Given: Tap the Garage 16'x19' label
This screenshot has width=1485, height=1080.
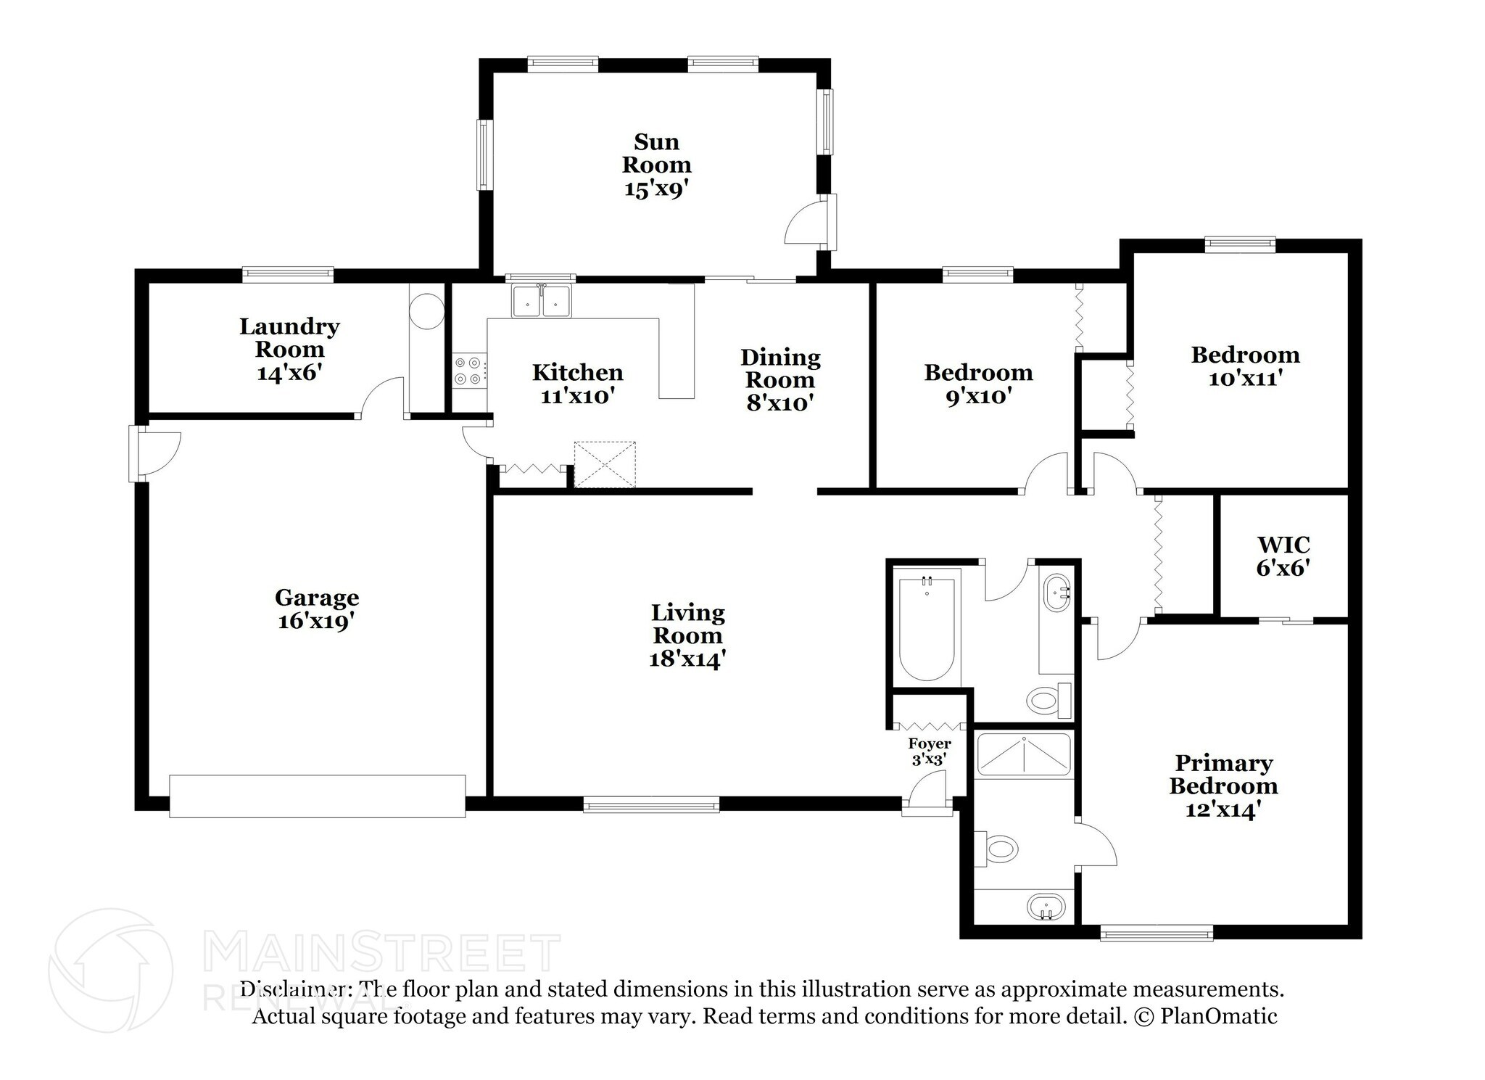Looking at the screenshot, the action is [317, 609].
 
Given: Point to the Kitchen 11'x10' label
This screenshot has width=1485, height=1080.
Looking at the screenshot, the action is [578, 384].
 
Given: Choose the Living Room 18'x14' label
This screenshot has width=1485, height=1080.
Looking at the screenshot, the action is [687, 635].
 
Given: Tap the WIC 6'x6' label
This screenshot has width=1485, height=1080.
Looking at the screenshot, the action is [1283, 556].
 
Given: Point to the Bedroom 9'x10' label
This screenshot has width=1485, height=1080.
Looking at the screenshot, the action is [978, 384].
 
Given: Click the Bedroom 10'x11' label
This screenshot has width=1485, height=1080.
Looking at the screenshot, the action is [1245, 366].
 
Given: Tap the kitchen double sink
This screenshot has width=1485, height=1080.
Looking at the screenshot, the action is [542, 301].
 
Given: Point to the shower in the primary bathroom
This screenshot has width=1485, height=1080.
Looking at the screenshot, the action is [1023, 756].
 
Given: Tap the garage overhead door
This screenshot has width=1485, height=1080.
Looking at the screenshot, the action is [318, 796].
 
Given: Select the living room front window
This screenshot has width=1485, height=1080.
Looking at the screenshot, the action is [651, 804].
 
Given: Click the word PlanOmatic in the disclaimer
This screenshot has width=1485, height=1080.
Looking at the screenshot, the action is [1219, 1016].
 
